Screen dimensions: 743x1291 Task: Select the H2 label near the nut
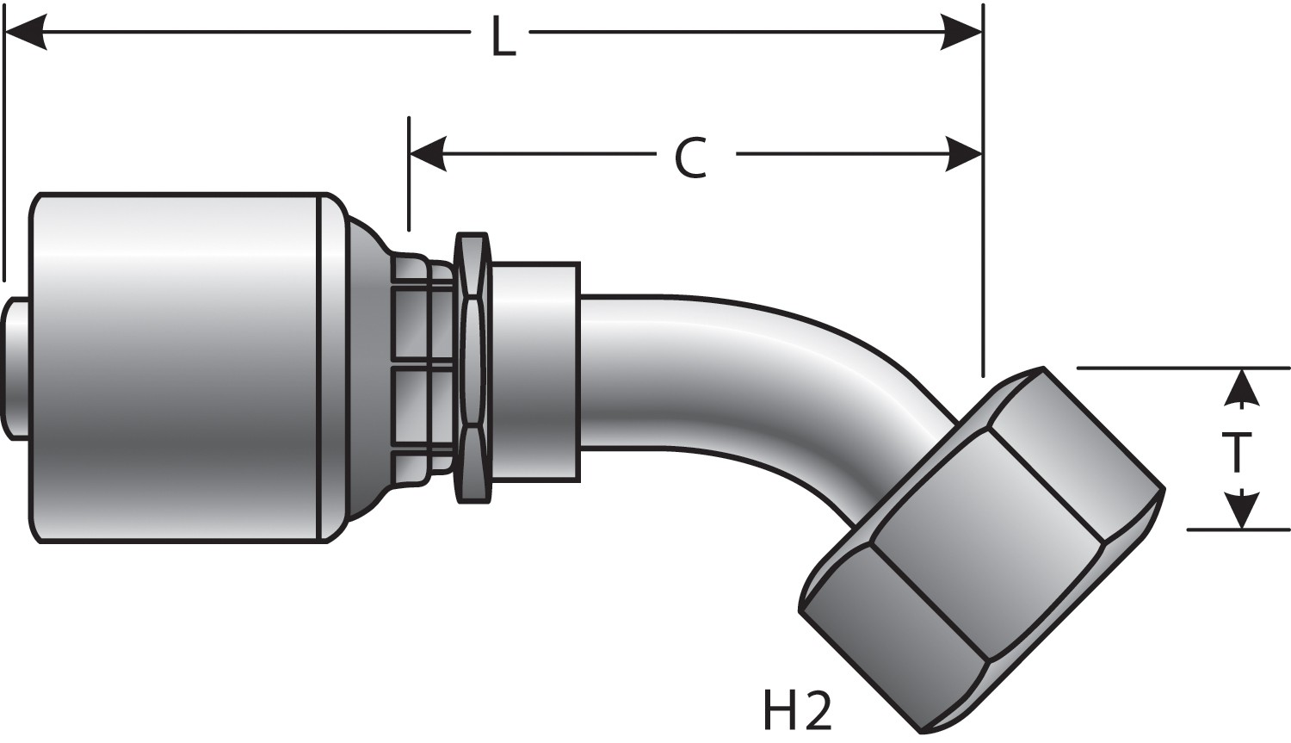[796, 710]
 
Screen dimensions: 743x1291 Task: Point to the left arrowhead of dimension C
[428, 155]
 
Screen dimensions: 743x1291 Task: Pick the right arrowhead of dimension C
[963, 155]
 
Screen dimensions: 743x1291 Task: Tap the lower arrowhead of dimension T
[1240, 511]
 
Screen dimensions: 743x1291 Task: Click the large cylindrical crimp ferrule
[176, 368]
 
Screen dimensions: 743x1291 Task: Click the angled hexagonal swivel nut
[981, 551]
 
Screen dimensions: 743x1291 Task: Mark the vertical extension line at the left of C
[409, 172]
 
